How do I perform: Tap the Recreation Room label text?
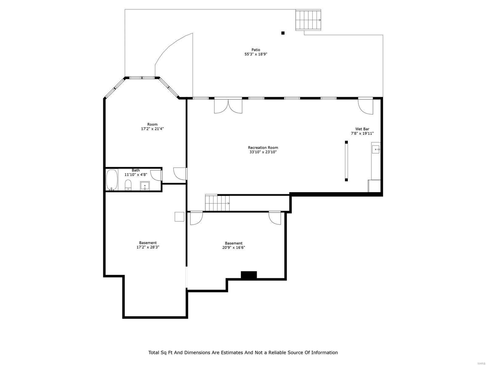coord(263,148)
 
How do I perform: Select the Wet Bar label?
coord(362,129)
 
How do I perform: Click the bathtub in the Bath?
coord(112,180)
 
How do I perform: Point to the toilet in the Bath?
coord(128,185)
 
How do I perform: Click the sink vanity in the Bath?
coord(145,186)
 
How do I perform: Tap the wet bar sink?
coord(375,150)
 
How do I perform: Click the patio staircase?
coord(309,20)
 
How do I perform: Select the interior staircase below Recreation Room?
coord(217,203)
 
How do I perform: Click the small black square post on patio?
coord(283,33)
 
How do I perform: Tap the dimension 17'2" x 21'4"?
coord(152,129)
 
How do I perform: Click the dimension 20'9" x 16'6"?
coord(234,247)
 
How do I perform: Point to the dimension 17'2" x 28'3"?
coord(148,247)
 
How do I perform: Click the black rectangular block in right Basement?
coord(249,275)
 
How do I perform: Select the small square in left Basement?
coord(179,217)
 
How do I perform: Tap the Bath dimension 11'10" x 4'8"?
coord(136,174)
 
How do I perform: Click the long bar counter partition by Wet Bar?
coord(346,161)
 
